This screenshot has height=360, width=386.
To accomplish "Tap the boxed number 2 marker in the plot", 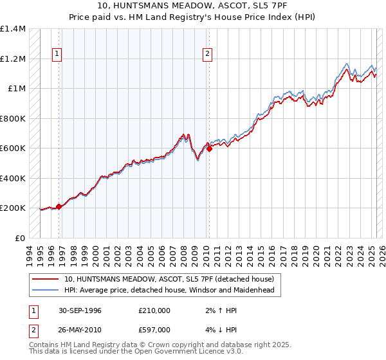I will pos(208,54).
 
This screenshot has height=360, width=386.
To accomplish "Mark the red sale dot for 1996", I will pos(59,206).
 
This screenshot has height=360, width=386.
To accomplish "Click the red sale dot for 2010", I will pos(209,148).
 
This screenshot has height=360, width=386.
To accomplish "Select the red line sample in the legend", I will pos(46,279).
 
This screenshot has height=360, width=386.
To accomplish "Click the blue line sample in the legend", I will pos(46,290).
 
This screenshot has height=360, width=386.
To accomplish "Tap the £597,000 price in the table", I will pos(154,330).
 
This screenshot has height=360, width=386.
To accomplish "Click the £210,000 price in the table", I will pos(154,310).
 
